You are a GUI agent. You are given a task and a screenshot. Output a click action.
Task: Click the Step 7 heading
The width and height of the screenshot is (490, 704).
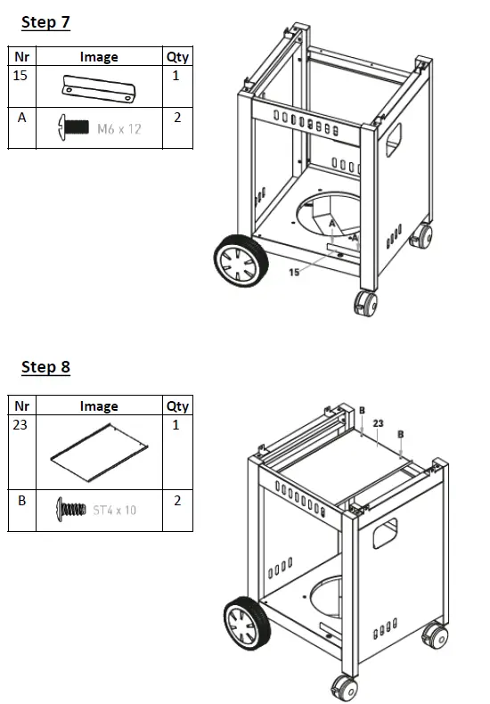45,22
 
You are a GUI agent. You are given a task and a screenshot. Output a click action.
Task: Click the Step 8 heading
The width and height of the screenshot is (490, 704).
45,366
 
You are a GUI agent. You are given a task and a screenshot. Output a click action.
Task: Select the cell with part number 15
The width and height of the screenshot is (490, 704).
20,76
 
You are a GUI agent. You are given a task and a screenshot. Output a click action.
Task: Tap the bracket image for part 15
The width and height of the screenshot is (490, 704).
98,86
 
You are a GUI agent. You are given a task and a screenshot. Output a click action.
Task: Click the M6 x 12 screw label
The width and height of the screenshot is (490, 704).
118,129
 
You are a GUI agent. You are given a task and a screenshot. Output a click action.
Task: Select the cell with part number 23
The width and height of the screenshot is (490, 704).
20,425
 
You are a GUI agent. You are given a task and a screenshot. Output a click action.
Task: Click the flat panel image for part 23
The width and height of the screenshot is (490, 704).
98,451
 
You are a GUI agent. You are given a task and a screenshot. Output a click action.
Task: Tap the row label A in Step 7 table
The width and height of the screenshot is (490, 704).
21,117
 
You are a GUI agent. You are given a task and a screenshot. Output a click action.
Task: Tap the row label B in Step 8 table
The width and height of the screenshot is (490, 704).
21,500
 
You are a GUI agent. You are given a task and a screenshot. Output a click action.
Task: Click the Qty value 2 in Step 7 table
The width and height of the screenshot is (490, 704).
177,117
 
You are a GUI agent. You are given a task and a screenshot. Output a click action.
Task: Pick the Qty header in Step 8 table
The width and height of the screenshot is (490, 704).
177,405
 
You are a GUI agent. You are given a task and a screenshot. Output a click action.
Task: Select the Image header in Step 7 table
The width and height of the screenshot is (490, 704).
98,57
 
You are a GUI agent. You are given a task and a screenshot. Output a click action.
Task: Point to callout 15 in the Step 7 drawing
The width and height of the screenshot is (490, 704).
294,273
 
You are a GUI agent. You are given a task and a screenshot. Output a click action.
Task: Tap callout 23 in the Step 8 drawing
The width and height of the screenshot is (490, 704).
378,423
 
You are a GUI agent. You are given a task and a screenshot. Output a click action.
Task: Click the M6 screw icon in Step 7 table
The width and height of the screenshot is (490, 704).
70,128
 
